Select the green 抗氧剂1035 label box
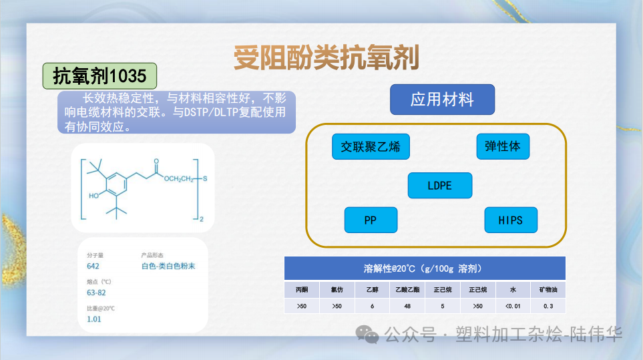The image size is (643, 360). click(x=99, y=77)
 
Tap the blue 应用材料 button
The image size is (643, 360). click(x=442, y=100)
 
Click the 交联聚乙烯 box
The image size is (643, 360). click(x=371, y=146)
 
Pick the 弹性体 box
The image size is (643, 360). click(x=503, y=146)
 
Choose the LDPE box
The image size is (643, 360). click(x=439, y=185)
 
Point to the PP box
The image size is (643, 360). click(x=371, y=220)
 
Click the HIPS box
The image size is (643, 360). click(x=510, y=220)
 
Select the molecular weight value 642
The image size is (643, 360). click(x=93, y=266)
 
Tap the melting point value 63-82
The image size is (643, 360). click(x=96, y=293)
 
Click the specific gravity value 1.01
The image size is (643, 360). click(x=93, y=319)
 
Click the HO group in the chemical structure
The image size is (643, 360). click(x=94, y=196)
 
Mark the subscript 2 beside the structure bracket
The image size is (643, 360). click(x=201, y=218)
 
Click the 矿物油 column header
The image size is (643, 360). click(x=548, y=290)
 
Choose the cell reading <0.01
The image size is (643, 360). click(x=513, y=306)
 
